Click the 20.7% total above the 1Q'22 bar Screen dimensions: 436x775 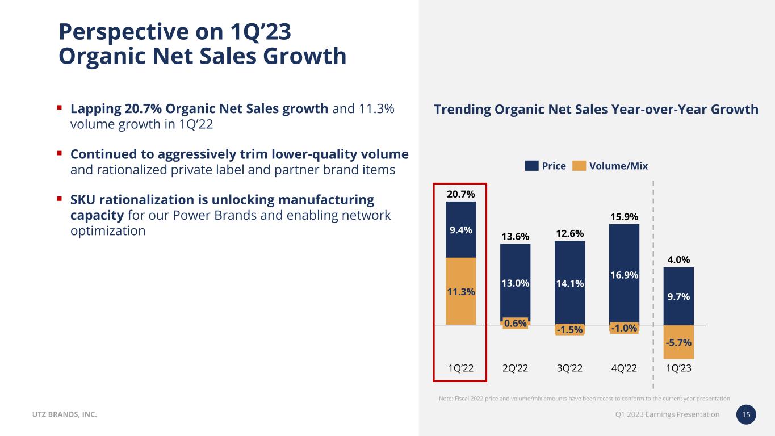coord(460,194)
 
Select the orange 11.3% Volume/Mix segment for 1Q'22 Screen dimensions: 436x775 coord(460,291)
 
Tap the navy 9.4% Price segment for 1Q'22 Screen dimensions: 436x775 coord(460,230)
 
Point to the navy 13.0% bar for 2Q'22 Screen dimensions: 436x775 coord(515,282)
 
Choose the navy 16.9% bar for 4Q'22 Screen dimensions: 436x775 coord(624,275)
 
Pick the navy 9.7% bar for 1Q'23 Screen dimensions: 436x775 coord(678,296)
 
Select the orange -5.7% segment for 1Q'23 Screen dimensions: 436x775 coord(678,342)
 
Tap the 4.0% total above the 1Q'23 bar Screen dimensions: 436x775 coord(678,260)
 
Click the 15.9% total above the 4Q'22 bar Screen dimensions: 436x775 coord(624,217)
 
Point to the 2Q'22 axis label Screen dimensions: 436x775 coord(515,368)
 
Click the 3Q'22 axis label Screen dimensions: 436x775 coord(569,368)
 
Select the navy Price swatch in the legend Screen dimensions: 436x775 coord(531,166)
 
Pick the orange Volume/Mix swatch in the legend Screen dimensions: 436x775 coord(579,166)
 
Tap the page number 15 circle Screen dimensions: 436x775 coord(747,415)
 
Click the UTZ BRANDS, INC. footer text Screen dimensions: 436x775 coord(64,415)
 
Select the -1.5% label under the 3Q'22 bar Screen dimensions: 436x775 coord(569,330)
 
